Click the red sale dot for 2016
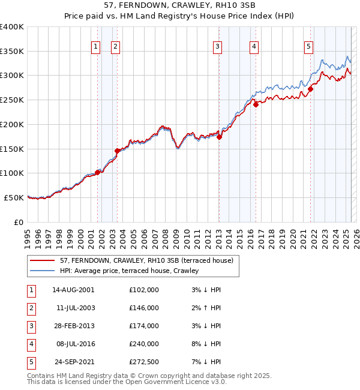[x=256, y=104]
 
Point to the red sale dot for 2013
[x=220, y=137]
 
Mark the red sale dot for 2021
[x=311, y=89]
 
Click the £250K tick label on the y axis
[x=12, y=100]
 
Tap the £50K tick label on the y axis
[x=14, y=197]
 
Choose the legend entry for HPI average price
[x=129, y=271]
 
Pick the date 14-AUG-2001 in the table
[x=73, y=290]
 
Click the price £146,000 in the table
[x=144, y=308]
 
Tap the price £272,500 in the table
[x=144, y=362]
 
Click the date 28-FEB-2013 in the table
[x=73, y=326]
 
